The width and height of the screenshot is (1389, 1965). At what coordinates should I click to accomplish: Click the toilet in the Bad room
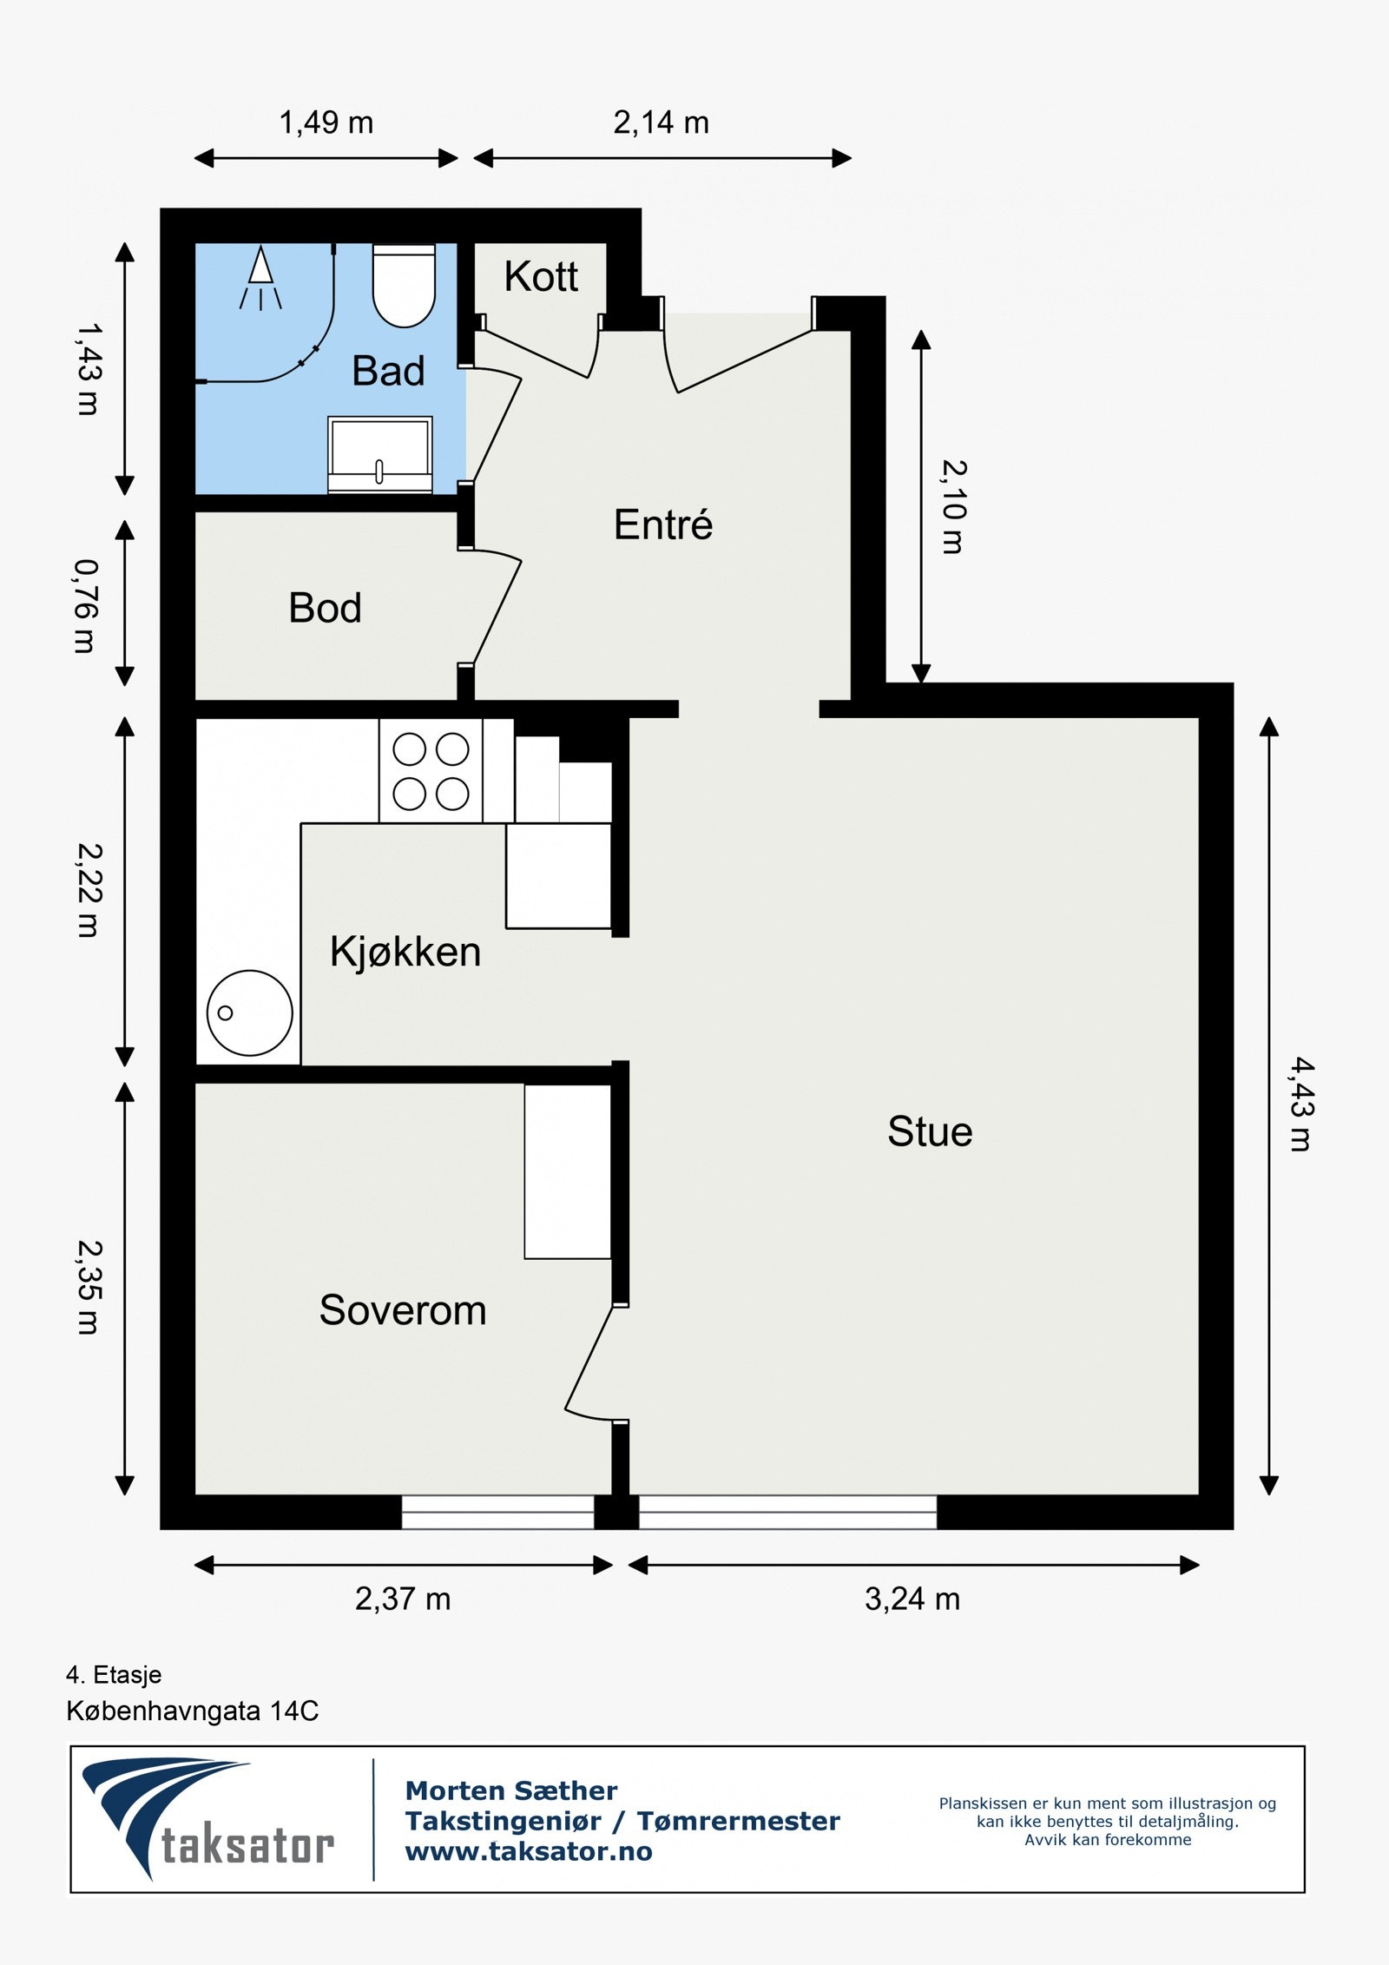coord(404,286)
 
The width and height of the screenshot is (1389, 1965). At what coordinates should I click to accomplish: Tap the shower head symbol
coord(260,278)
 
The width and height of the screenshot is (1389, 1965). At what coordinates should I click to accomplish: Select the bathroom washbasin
coord(379,455)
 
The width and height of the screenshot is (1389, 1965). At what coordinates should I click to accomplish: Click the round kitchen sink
coord(249,1012)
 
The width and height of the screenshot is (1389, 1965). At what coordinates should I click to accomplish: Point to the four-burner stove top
coord(431,771)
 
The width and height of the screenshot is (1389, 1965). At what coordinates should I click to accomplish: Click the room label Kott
coord(541,277)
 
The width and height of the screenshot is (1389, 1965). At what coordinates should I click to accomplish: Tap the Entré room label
coord(663,524)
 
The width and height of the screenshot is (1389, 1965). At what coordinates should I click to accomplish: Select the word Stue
coord(930,1131)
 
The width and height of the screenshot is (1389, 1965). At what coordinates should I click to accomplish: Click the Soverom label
coord(403,1310)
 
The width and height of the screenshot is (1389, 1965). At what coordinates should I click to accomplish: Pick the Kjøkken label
coord(405,952)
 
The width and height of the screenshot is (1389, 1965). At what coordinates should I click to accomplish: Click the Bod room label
coord(325,608)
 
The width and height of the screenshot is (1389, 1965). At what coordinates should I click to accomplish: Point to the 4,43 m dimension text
coord(1300,1104)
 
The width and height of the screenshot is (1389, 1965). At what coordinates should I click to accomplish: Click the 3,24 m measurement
coord(912,1599)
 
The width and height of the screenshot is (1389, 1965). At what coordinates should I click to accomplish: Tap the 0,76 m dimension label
coord(85,605)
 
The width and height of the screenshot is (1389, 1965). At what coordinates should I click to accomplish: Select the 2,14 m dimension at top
coord(662,122)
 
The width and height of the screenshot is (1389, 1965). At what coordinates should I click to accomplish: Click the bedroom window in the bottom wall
coord(497,1512)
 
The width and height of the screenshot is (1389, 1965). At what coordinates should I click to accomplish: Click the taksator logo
coord(208,1819)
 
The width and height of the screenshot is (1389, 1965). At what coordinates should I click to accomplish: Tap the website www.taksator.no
coord(529,1851)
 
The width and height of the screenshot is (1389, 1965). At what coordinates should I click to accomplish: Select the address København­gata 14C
coord(193,1711)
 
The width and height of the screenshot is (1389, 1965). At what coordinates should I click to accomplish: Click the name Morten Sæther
coord(511,1790)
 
